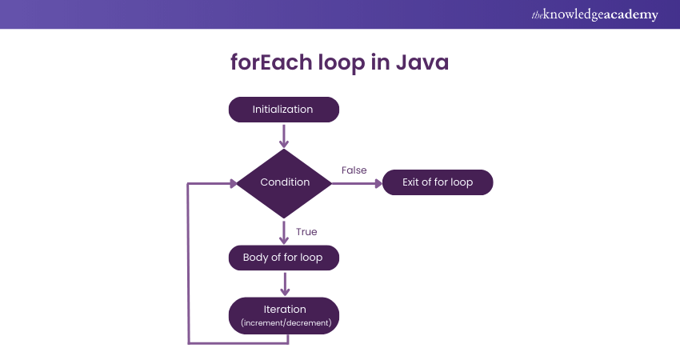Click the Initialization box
pyautogui.click(x=283, y=110)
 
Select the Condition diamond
pyautogui.click(x=284, y=182)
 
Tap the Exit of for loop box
pyautogui.click(x=437, y=182)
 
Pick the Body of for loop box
pyautogui.click(x=284, y=258)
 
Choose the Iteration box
pyautogui.click(x=284, y=315)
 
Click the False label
pyautogui.click(x=354, y=170)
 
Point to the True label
pyautogui.click(x=306, y=232)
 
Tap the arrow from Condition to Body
pyautogui.click(x=284, y=231)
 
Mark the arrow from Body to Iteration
pyautogui.click(x=284, y=283)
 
